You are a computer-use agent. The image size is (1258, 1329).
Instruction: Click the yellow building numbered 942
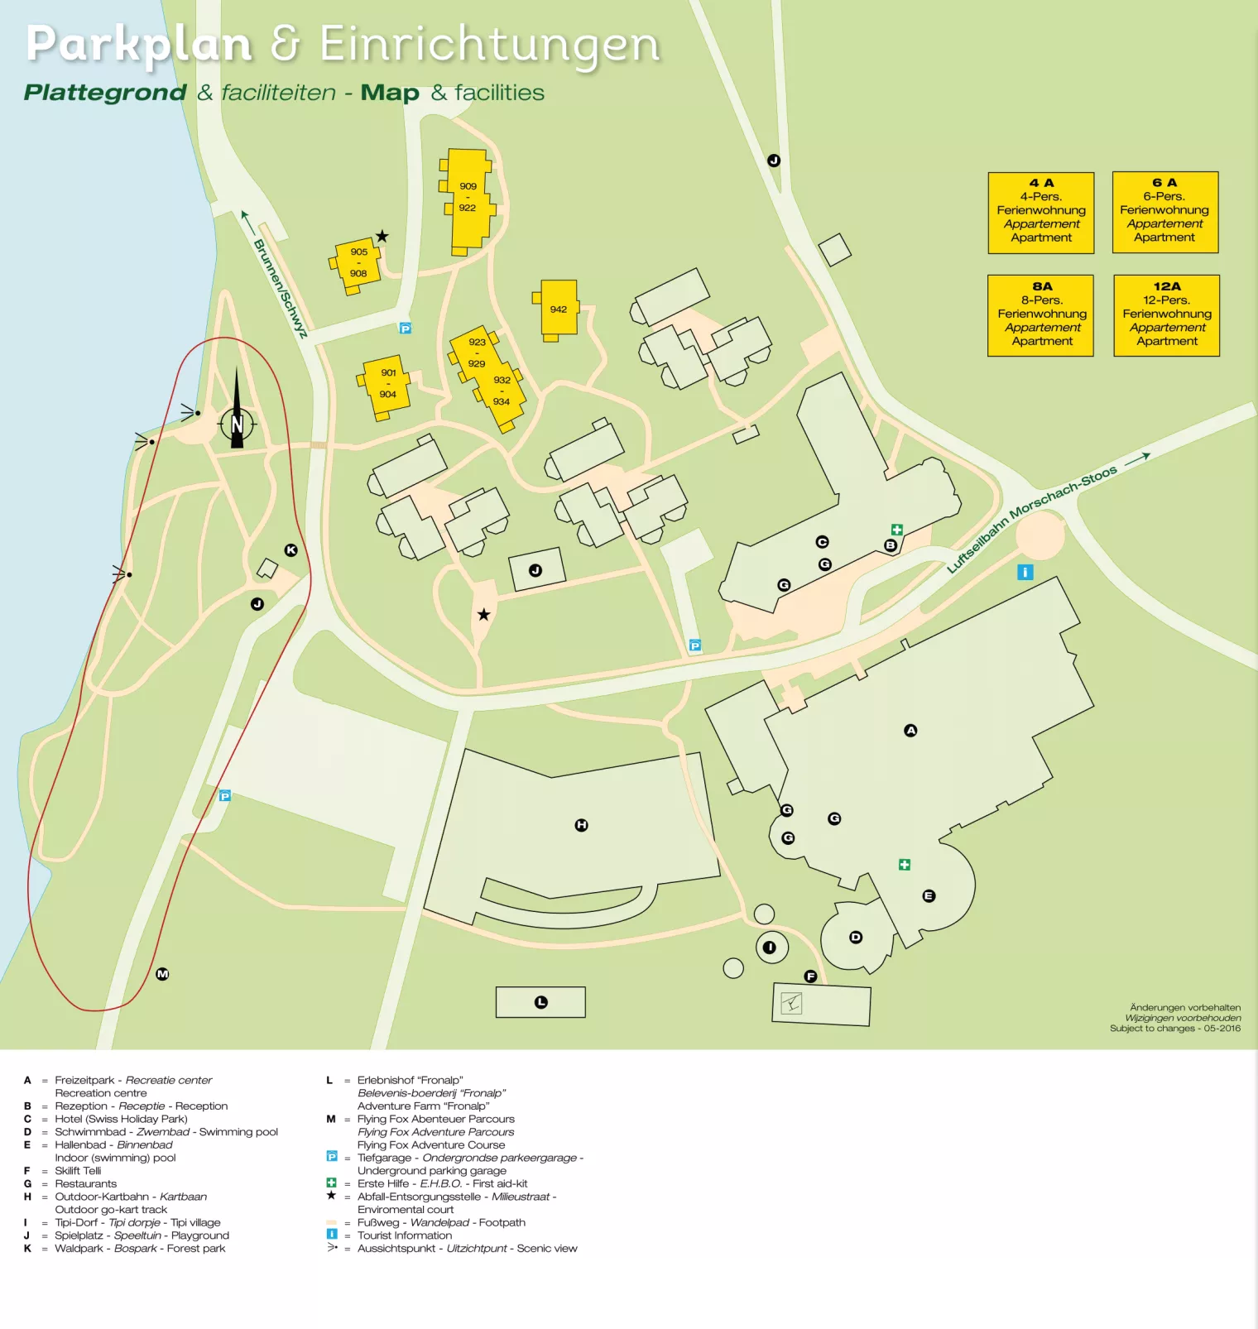(x=559, y=309)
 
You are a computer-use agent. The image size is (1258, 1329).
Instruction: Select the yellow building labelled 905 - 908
(x=358, y=262)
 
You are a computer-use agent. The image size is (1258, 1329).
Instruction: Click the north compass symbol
(x=237, y=423)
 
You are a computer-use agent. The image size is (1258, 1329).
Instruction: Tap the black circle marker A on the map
(x=910, y=731)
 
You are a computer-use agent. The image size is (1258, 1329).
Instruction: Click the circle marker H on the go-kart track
(x=581, y=825)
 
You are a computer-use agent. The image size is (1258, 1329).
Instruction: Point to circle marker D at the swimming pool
(x=856, y=938)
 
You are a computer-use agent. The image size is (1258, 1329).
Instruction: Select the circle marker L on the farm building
(x=541, y=1002)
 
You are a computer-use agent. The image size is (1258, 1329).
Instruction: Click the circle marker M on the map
(x=162, y=974)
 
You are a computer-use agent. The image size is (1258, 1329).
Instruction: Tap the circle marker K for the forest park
(x=290, y=550)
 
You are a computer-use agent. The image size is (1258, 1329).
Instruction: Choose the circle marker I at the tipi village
(x=770, y=948)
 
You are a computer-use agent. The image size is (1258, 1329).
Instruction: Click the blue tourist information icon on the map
(x=1025, y=572)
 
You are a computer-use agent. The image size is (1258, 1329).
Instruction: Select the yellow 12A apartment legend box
(x=1166, y=315)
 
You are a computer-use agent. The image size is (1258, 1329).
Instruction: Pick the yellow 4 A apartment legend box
(x=1041, y=213)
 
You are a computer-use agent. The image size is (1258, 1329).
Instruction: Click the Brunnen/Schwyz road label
(x=280, y=287)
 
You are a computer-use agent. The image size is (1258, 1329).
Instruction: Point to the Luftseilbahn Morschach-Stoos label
(x=1032, y=519)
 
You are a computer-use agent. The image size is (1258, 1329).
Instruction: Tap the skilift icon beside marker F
(x=792, y=1004)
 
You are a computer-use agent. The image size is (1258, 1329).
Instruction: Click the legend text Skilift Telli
(x=78, y=1171)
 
